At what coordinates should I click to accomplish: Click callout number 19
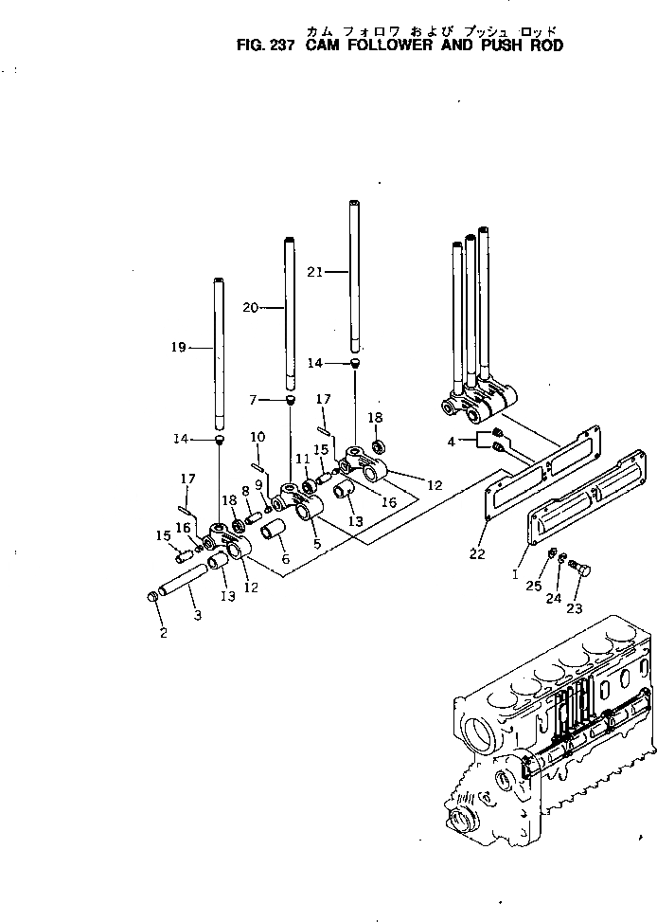tap(178, 348)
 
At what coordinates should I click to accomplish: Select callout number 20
tap(249, 307)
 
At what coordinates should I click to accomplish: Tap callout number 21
tap(315, 272)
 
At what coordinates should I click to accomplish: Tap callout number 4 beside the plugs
tap(453, 442)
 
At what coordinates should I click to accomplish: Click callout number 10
tap(257, 437)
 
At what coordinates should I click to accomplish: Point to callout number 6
tap(285, 561)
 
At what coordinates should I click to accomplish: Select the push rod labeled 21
tap(355, 275)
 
